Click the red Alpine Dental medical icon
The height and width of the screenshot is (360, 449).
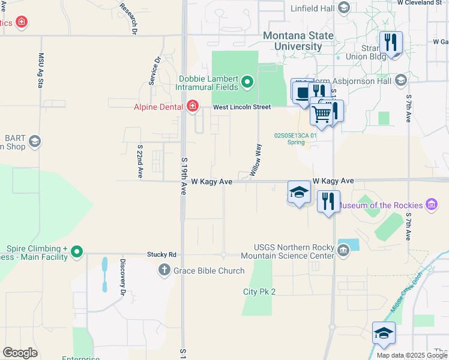193,107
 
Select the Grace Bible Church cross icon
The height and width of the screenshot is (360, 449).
164,271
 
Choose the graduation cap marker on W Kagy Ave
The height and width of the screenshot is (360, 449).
299,192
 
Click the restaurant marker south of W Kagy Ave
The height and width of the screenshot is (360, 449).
328,202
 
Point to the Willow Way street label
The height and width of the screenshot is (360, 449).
255,160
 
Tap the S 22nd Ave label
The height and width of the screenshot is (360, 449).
140,161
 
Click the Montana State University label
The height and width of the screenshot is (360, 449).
298,41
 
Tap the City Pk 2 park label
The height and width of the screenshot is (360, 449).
259,292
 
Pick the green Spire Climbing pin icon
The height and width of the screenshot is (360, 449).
76,252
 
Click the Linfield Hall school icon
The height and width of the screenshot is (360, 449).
344,8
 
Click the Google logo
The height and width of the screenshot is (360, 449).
20,352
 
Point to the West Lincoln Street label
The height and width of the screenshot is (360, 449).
242,107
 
